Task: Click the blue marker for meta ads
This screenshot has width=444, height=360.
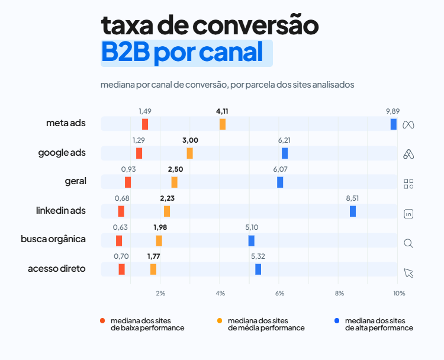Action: (393, 124)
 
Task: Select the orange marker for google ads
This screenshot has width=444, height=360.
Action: (189, 153)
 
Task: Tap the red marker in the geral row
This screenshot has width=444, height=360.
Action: (128, 182)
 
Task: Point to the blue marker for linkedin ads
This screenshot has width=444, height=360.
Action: (353, 211)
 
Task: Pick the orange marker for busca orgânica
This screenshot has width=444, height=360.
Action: (159, 240)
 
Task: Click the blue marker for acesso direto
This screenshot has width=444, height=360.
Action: (258, 269)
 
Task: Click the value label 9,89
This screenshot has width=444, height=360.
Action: (392, 111)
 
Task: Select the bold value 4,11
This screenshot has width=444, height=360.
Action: (222, 111)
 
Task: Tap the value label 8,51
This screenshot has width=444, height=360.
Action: (352, 198)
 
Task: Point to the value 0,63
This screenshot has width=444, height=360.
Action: (120, 227)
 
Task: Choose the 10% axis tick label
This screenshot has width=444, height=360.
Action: (398, 294)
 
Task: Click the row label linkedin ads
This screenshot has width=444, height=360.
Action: (61, 211)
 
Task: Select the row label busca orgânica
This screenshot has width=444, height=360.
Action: (53, 239)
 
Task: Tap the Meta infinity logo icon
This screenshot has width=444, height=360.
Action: (408, 125)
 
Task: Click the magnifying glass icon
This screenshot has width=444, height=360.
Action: (408, 243)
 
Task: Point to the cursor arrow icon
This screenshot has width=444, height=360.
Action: (408, 272)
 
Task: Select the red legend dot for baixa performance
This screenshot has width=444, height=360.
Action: (103, 320)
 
